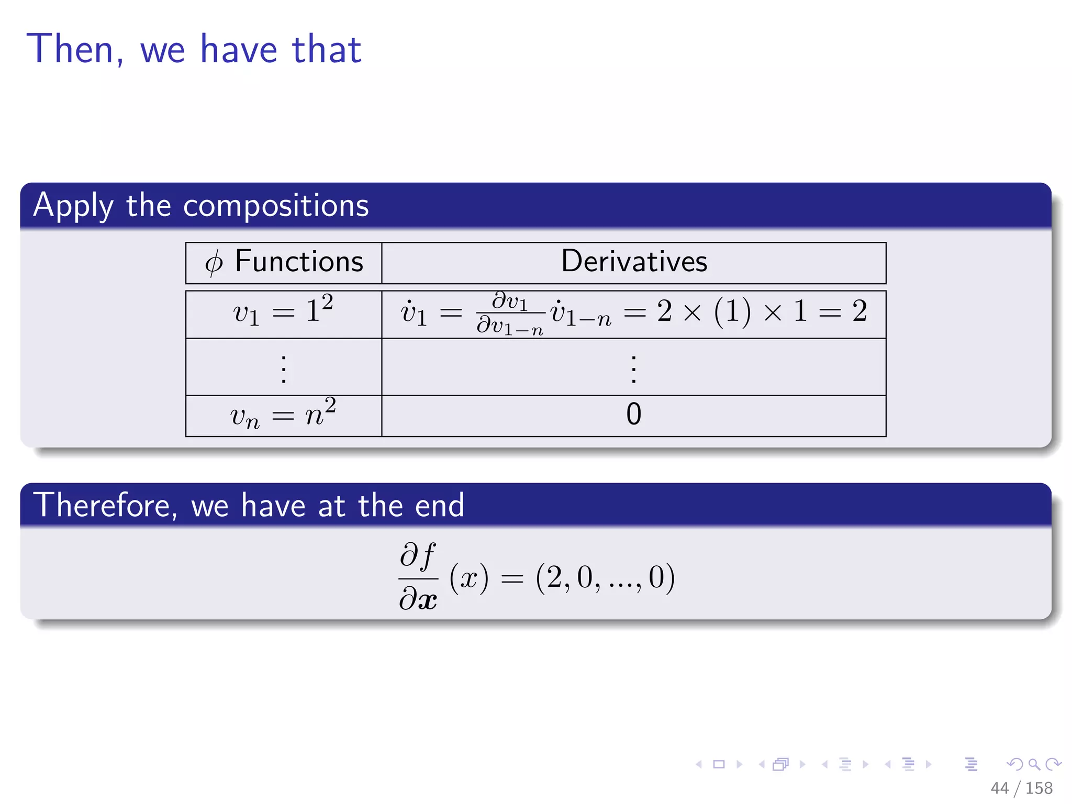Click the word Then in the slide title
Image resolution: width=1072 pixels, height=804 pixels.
tap(71, 49)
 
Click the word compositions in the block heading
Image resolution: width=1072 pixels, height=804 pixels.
tap(276, 205)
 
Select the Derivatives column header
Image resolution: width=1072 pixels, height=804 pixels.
tap(633, 261)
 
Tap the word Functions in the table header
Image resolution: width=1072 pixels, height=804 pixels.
tap(299, 261)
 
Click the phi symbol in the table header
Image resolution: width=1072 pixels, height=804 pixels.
tap(214, 263)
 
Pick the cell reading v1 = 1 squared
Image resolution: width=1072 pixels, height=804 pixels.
tap(283, 312)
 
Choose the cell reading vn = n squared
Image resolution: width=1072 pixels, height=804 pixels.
tap(283, 415)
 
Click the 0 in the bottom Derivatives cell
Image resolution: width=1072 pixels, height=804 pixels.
tap(633, 414)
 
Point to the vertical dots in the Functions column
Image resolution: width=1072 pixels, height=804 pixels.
tap(283, 369)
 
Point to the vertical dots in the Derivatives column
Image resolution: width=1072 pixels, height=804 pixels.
tap(633, 369)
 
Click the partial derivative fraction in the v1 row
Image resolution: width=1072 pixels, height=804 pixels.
tap(510, 314)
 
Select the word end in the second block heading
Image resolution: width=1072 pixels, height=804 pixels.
tap(439, 506)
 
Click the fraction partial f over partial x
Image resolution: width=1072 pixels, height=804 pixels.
tap(418, 577)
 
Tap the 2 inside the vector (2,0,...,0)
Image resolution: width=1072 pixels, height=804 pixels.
tap(555, 577)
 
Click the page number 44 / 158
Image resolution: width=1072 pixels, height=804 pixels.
tap(1021, 788)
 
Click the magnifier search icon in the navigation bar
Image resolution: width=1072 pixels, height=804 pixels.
tap(1034, 764)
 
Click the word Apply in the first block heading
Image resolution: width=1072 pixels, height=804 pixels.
tap(73, 205)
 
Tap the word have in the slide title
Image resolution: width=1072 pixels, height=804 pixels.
tap(239, 49)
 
